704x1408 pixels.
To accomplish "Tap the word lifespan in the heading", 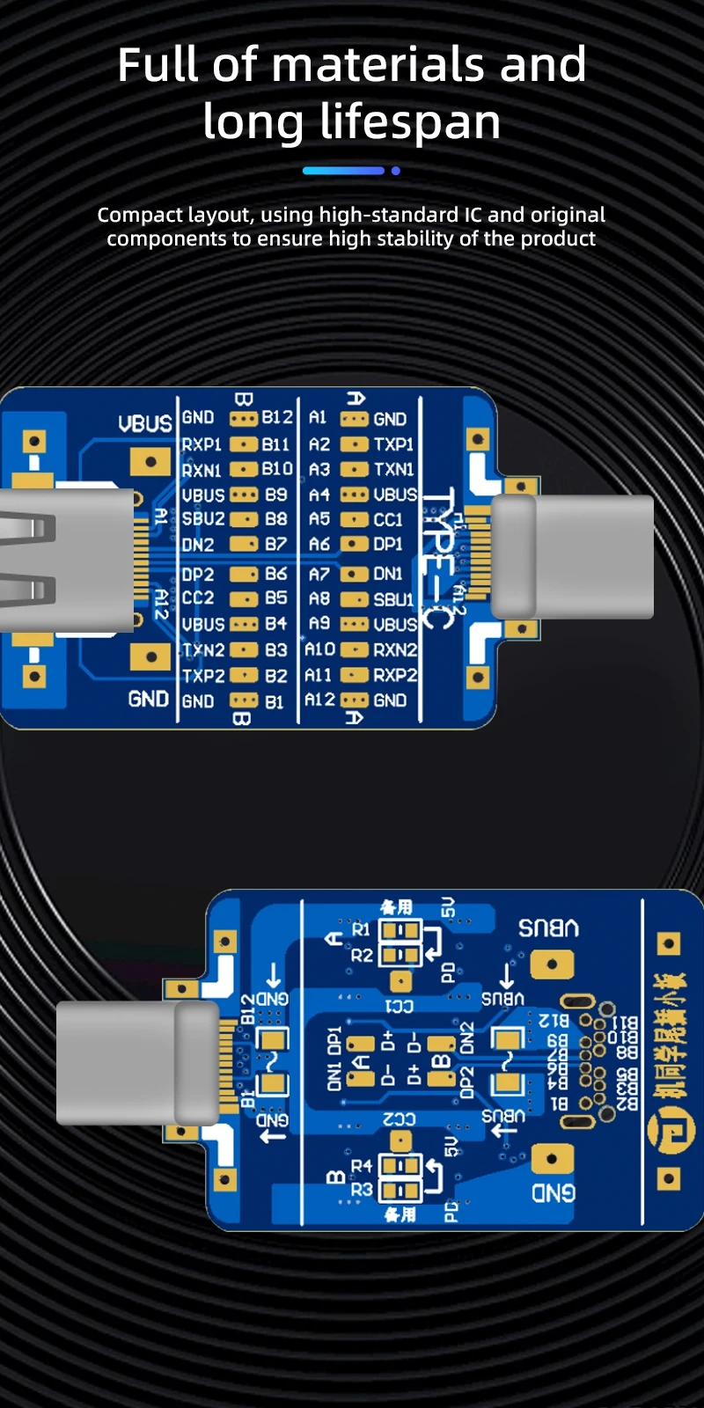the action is click(x=410, y=122).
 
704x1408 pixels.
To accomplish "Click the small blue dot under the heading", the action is click(x=396, y=171).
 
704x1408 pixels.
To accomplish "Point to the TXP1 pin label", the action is click(x=393, y=444).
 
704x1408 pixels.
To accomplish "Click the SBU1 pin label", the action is click(x=393, y=599).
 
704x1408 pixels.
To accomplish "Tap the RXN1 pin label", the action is click(x=202, y=470).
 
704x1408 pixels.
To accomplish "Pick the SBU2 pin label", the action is click(x=203, y=519).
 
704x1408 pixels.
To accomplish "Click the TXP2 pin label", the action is click(x=203, y=676).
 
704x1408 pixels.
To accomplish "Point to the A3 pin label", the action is click(x=319, y=469).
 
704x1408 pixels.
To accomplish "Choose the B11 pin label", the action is click(x=275, y=444).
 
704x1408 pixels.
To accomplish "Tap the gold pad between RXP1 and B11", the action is click(x=244, y=444).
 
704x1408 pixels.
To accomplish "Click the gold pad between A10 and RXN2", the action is click(x=354, y=649).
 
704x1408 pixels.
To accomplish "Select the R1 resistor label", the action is click(x=361, y=929).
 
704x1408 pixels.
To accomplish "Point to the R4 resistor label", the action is click(x=362, y=1166).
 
